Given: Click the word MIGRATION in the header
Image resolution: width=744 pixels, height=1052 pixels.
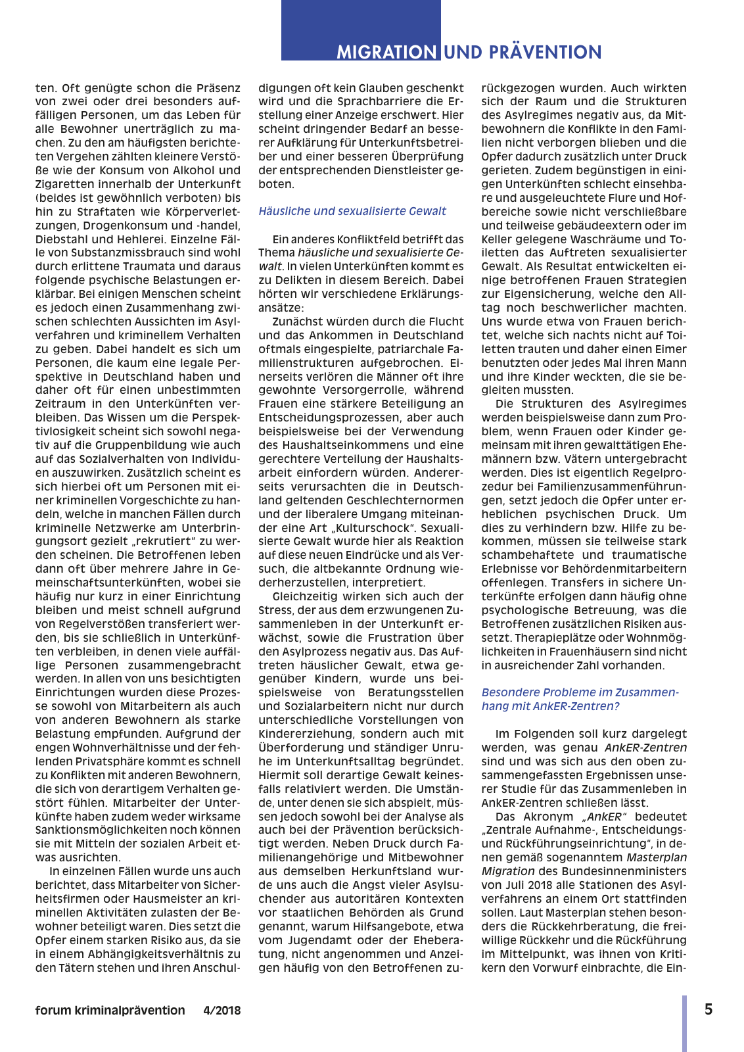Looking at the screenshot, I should pyautogui.click(x=386, y=52).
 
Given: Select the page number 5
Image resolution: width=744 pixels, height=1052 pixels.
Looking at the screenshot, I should pyautogui.click(x=709, y=1009).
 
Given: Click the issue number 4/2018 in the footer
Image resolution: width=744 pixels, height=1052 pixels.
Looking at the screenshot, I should pyautogui.click(x=222, y=1011).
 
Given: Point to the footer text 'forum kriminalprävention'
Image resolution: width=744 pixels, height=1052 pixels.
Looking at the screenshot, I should pyautogui.click(x=110, y=1011).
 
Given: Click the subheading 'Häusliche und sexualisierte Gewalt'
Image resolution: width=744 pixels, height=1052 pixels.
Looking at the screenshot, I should pyautogui.click(x=352, y=211).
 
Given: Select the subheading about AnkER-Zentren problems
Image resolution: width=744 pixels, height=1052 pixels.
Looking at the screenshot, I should pyautogui.click(x=580, y=699).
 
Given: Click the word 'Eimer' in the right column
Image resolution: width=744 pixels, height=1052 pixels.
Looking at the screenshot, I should pyautogui.click(x=671, y=349).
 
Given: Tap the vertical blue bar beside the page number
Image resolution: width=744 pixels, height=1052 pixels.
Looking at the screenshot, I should pyautogui.click(x=684, y=1023).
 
